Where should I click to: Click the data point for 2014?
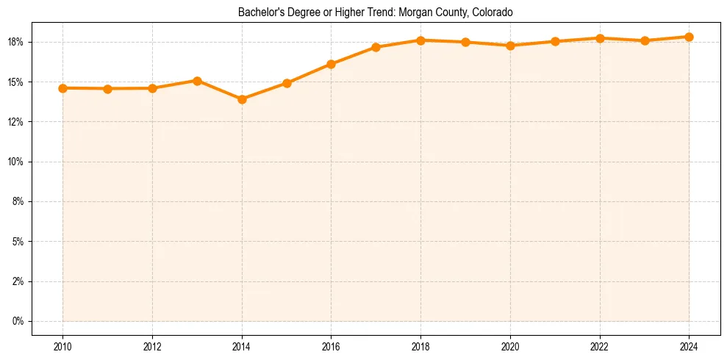tap(242, 99)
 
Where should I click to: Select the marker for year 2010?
tap(62, 88)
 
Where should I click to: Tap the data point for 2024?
tap(689, 37)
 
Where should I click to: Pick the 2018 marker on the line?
tap(420, 40)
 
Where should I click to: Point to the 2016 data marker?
tap(331, 64)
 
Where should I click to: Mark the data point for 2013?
tap(197, 81)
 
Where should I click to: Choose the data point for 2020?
tap(510, 46)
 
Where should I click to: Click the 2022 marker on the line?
tap(600, 38)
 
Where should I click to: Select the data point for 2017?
tap(376, 47)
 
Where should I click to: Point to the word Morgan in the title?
tap(415, 12)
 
